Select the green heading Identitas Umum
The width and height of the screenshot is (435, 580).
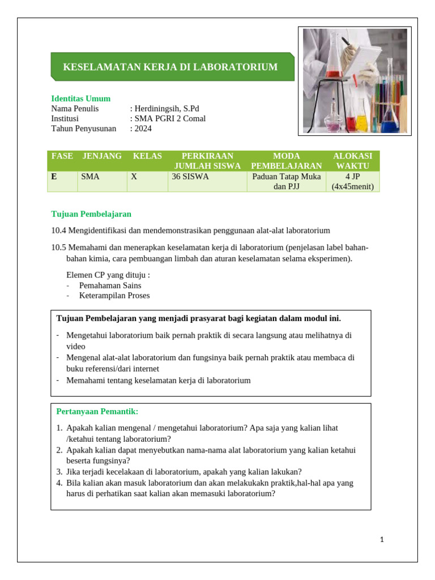pyautogui.click(x=80, y=99)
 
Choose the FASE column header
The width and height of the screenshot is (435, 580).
pyautogui.click(x=62, y=156)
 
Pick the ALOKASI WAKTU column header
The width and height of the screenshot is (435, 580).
pyautogui.click(x=352, y=161)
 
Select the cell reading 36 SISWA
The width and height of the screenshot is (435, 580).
pyautogui.click(x=190, y=177)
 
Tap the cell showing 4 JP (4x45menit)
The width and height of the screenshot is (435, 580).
pyautogui.click(x=352, y=181)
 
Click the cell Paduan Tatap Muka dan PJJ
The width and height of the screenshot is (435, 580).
pyautogui.click(x=286, y=181)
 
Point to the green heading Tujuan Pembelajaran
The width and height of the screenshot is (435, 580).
pyautogui.click(x=91, y=214)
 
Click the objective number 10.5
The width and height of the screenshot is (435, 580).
pyautogui.click(x=58, y=248)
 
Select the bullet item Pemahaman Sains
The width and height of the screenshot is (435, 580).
pyautogui.click(x=110, y=285)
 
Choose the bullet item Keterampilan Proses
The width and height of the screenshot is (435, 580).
pyautogui.click(x=114, y=296)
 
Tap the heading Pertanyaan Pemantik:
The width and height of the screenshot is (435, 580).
pyautogui.click(x=97, y=411)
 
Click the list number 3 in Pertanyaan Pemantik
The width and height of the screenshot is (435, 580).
pyautogui.click(x=59, y=472)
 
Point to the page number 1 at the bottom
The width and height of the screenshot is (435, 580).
pyautogui.click(x=382, y=540)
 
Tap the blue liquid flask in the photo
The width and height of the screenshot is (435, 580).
pyautogui.click(x=389, y=119)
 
